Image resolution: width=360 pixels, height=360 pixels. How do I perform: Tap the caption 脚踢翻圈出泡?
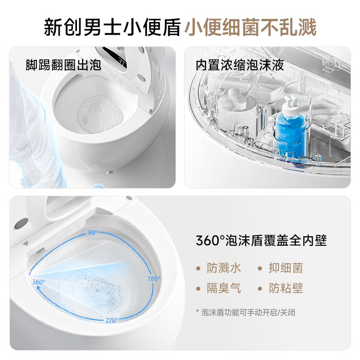tap(63, 65)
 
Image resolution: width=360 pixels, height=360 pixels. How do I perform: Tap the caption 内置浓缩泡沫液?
tap(240, 65)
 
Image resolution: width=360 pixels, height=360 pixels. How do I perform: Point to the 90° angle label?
tap(92, 232)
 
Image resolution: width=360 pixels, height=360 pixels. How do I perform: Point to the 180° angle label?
tap(154, 279)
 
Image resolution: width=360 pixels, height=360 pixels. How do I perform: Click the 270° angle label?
tap(111, 320)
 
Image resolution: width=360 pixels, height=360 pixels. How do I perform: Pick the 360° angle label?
tap(39, 282)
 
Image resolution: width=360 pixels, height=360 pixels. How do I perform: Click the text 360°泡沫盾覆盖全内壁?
tap(261, 240)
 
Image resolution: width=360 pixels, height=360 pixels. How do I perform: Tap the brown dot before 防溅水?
tap(198, 269)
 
